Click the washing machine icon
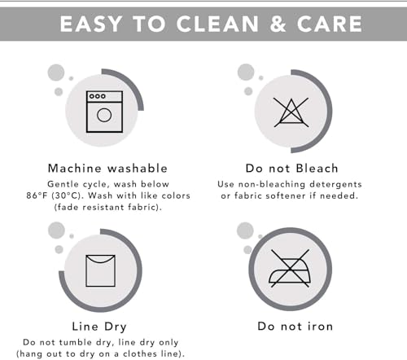pyautogui.click(x=104, y=112)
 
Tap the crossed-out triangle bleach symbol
pyautogui.click(x=291, y=112)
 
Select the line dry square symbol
pyautogui.click(x=100, y=270)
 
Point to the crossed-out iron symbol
pyautogui.click(x=290, y=268)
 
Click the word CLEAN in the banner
pyautogui.click(x=217, y=24)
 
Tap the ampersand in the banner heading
pyautogui.click(x=278, y=24)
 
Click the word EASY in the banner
pyautogui.click(x=91, y=24)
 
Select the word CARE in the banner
pyautogui.click(x=330, y=24)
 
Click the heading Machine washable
pyautogui.click(x=107, y=169)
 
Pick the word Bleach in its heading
pyautogui.click(x=317, y=169)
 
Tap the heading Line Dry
pyautogui.click(x=99, y=327)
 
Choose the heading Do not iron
pyautogui.click(x=295, y=327)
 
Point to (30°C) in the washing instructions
pyautogui.click(x=68, y=195)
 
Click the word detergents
pyautogui.click(x=335, y=184)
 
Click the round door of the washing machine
pyautogui.click(x=104, y=115)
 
